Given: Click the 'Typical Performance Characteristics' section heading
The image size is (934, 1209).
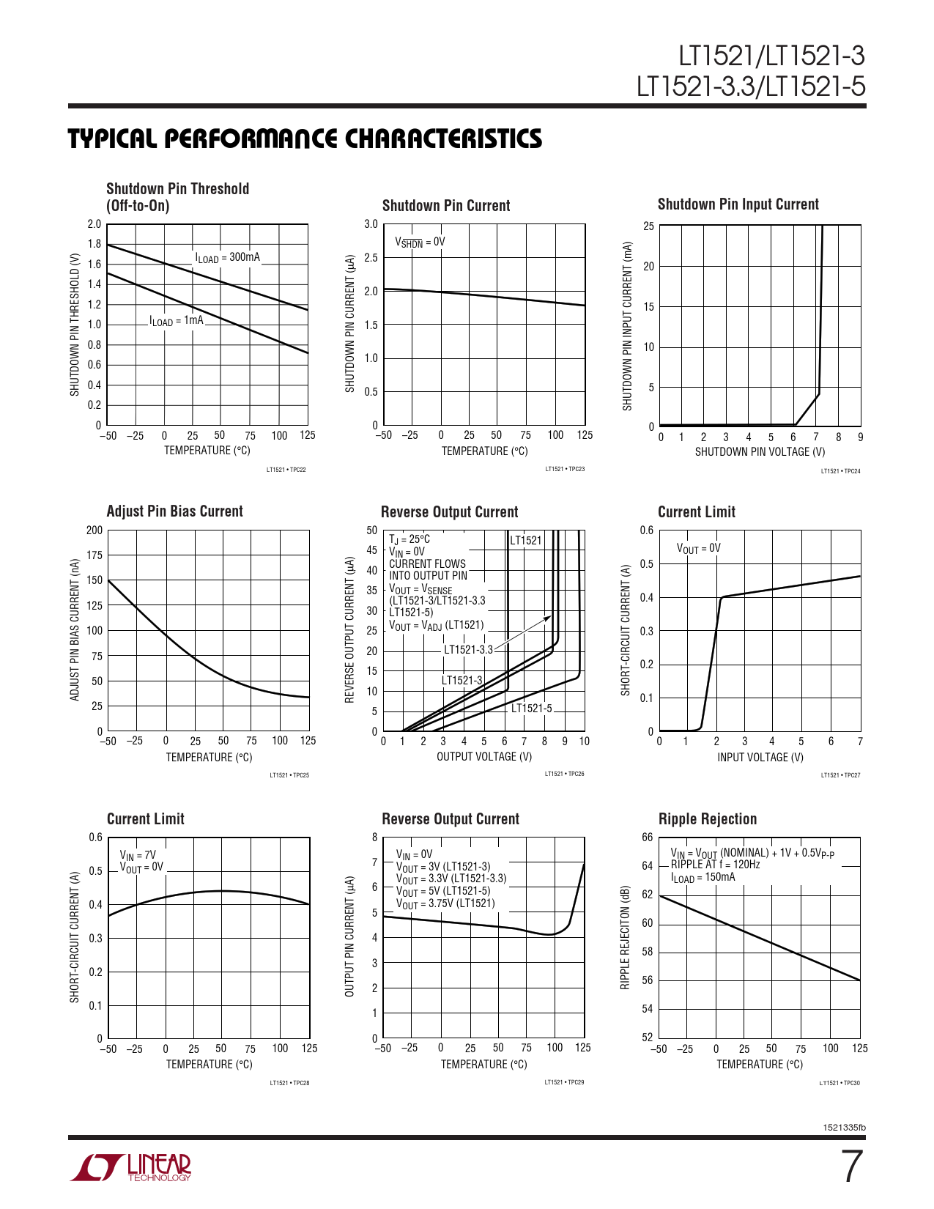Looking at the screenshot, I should click(305, 138).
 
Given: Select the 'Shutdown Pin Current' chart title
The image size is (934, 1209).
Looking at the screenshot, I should click(445, 206).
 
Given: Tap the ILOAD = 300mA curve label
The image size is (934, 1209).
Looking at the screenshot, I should click(227, 257).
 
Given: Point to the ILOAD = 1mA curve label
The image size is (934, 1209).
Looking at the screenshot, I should click(176, 320).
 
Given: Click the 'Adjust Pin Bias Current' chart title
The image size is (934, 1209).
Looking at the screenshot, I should click(174, 511).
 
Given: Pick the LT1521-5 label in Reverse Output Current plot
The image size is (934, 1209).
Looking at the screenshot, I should click(531, 708).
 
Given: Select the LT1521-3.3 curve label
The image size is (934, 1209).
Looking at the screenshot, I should click(468, 649).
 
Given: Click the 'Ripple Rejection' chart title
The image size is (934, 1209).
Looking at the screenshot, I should click(707, 819).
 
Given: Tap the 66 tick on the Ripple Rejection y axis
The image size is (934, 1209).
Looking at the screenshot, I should click(647, 838).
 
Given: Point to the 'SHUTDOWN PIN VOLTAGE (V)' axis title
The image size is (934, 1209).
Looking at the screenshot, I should click(760, 452).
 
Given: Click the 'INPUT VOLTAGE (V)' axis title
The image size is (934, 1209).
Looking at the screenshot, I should click(760, 758).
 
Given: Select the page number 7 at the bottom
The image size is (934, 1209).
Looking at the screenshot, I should click(850, 1167).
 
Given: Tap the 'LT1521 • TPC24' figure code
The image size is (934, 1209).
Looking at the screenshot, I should click(840, 471).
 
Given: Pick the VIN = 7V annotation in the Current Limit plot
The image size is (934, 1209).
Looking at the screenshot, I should click(138, 854).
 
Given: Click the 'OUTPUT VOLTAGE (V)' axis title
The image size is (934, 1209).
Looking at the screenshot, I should click(484, 756).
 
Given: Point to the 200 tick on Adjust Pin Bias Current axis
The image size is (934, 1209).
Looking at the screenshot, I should click(94, 530).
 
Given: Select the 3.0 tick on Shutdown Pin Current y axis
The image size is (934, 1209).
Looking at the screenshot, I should click(371, 224).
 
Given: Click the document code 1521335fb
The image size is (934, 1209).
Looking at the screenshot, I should click(844, 1128).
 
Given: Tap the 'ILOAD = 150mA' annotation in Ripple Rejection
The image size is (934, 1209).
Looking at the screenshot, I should click(703, 877).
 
